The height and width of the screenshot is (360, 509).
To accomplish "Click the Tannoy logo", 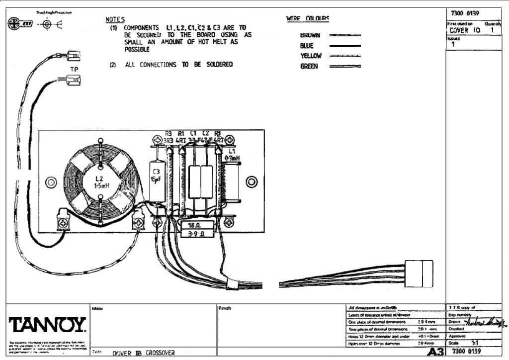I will tap(47, 326).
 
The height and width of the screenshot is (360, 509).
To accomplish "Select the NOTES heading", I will tap(115, 20).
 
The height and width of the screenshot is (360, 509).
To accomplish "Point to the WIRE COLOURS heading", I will tap(308, 19).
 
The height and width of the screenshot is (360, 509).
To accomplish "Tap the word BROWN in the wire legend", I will tap(310, 35).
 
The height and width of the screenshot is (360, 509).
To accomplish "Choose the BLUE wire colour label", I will tap(307, 46).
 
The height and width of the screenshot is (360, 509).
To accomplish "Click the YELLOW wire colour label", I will tap(311, 56).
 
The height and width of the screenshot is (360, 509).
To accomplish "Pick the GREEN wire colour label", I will tap(309, 66).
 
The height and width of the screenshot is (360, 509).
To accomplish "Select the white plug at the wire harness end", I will tap(419, 273).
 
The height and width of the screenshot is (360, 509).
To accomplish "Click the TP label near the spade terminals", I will tap(74, 68).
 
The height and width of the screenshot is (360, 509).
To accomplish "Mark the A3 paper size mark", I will tap(434, 352).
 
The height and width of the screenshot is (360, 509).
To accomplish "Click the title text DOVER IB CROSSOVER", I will tap(144, 353).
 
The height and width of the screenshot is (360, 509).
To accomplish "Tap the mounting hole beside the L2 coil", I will tap(51, 182).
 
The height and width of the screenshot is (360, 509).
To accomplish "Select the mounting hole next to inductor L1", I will tap(252, 182).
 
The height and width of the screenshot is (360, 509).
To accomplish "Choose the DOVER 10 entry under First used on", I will tap(465, 30).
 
